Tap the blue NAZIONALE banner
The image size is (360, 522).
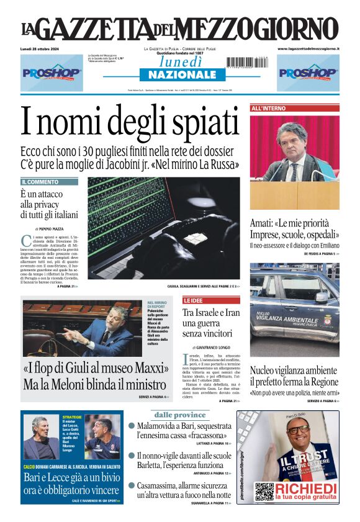(178, 74)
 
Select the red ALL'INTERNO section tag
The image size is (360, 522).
(269, 108)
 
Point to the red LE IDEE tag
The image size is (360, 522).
(194, 300)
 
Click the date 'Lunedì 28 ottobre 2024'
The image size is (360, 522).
(44, 48)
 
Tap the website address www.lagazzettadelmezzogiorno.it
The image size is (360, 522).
(308, 48)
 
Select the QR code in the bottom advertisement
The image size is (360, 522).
(264, 492)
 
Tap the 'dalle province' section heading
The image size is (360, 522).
(180, 414)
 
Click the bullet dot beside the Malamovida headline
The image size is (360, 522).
(132, 426)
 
